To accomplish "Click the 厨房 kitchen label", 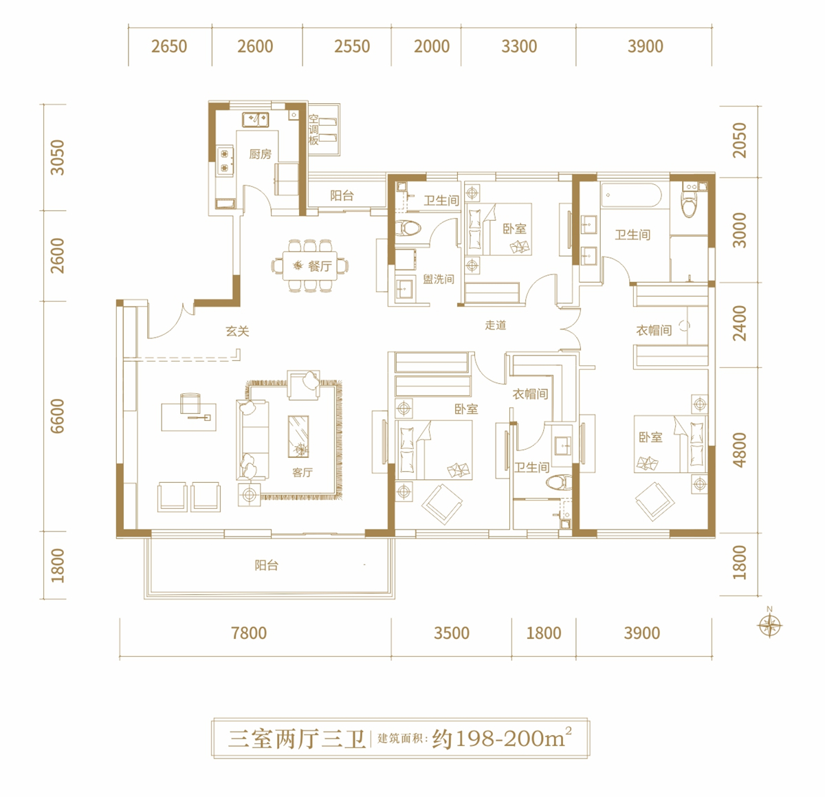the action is (260, 154).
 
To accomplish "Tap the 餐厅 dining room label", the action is (320, 266).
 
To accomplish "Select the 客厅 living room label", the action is (302, 472).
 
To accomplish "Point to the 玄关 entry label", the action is (237, 331).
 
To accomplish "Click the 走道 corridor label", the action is (495, 325).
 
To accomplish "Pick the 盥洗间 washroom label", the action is (439, 279).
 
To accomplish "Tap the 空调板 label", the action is (313, 129).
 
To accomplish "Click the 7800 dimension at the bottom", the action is (249, 633).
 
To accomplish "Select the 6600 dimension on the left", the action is (58, 416).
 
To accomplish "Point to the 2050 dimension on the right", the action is (739, 140).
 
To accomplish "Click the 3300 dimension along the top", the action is (519, 46).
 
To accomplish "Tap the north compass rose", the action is (769, 625).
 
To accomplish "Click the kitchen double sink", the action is (255, 120).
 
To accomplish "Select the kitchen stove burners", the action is (225, 161).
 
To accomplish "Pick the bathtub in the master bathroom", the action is (630, 195).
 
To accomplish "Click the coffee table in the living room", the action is (298, 437).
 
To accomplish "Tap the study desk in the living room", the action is (188, 417).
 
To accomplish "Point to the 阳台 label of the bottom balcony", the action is (266, 565).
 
